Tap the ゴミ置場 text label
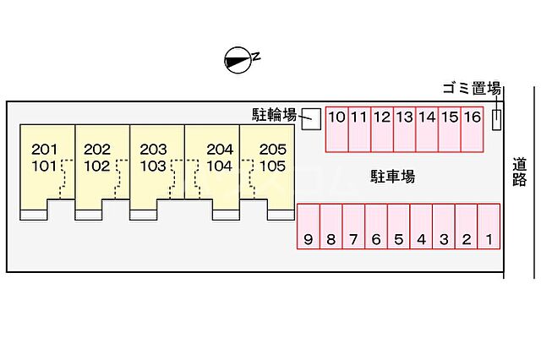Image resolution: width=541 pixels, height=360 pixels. tap(473, 89)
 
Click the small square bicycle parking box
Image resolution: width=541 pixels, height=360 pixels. tap(311, 117)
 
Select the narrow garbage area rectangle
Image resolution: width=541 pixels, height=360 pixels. tap(497, 118)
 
